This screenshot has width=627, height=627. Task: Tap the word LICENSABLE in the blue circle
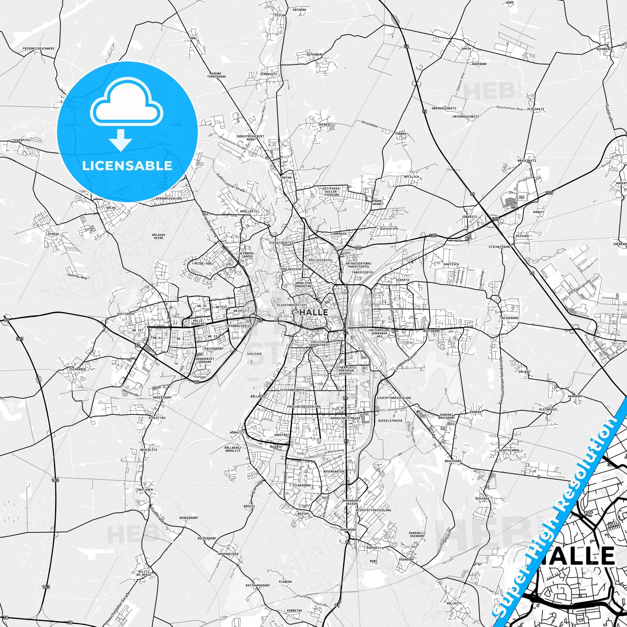pyautogui.click(x=127, y=166)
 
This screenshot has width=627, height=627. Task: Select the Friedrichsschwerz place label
pyautogui.click(x=39, y=48)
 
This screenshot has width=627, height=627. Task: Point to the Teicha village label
pyautogui.click(x=280, y=15)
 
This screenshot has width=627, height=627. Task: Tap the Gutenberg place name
pyautogui.click(x=315, y=54)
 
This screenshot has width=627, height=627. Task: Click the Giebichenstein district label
pyautogui.click(x=282, y=242)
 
